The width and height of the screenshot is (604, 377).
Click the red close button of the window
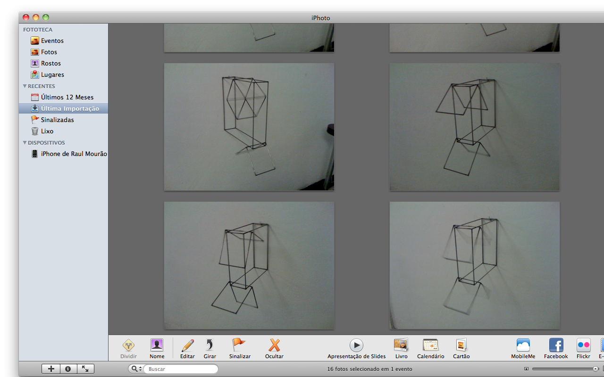(x=26, y=17)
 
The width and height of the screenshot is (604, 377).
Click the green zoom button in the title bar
(x=46, y=17)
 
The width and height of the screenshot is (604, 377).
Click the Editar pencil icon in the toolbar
(x=188, y=345)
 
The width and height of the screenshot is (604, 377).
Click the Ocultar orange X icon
(x=274, y=345)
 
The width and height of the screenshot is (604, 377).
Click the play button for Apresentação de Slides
(x=356, y=345)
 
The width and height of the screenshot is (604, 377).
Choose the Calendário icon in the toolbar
(x=431, y=345)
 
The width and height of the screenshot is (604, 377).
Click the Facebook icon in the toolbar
(x=556, y=345)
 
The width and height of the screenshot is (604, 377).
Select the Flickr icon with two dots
(x=584, y=345)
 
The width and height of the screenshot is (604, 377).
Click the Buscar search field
(x=180, y=369)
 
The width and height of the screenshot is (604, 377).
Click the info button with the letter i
(x=68, y=369)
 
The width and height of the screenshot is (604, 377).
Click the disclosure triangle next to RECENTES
(x=25, y=86)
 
